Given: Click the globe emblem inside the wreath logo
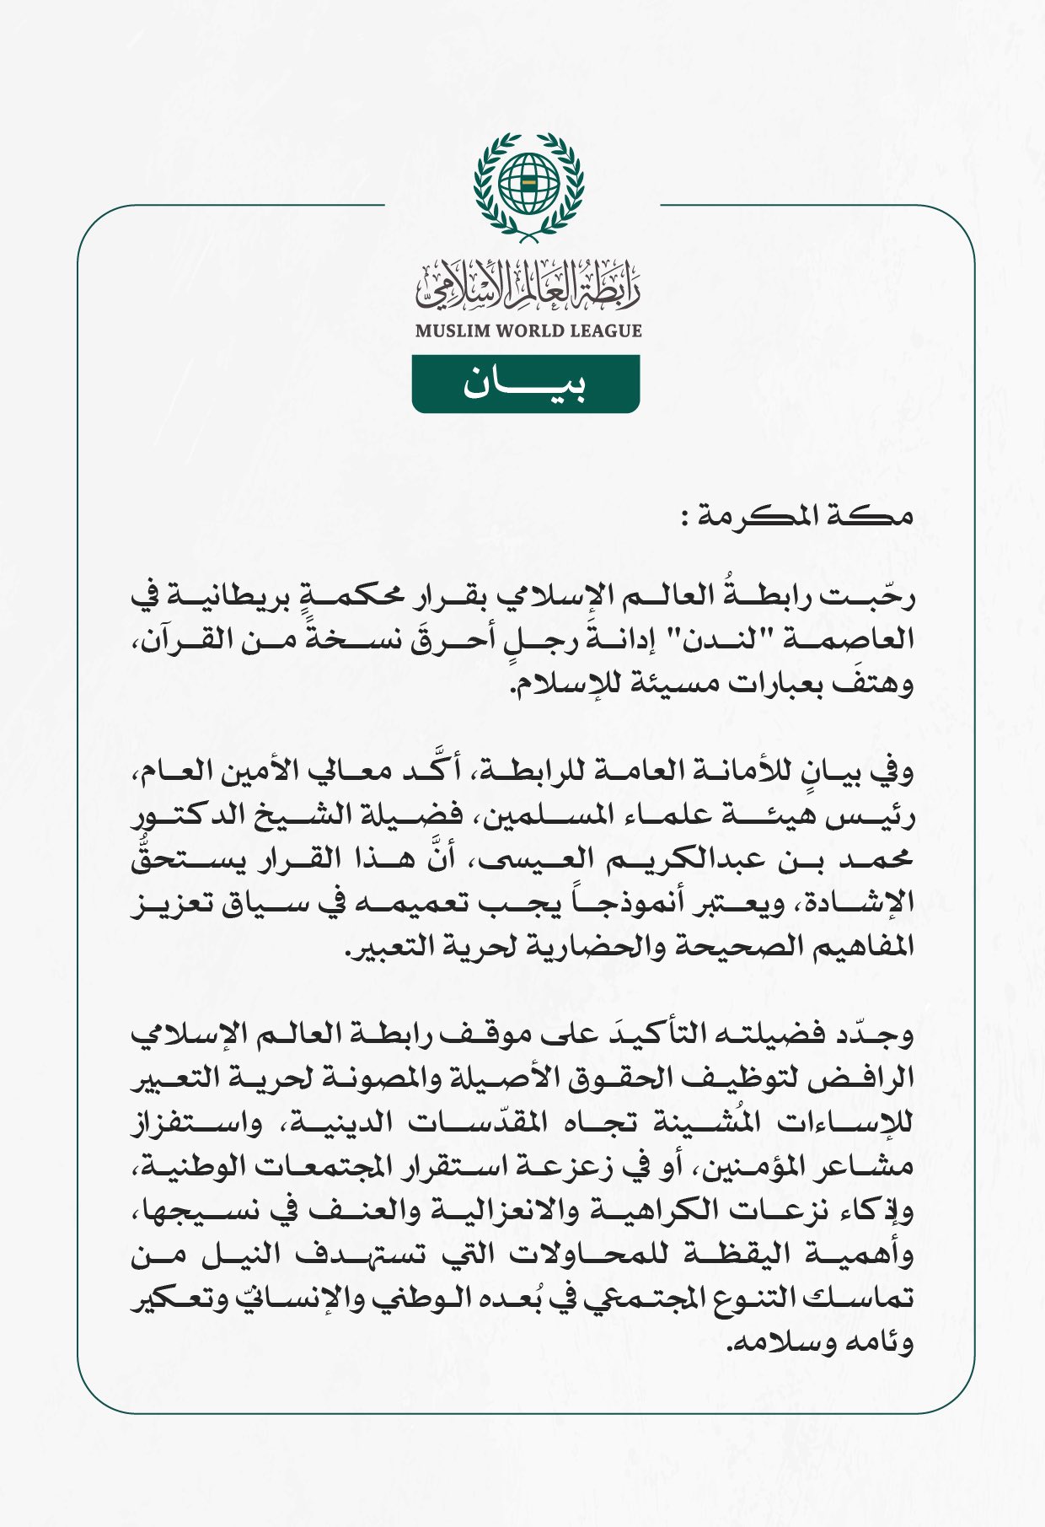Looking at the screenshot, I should click(x=528, y=182).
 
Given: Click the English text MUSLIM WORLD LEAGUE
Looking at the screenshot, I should click(x=528, y=331).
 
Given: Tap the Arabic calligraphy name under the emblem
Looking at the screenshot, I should click(x=528, y=287).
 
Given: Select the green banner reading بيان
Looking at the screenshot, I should click(x=526, y=384).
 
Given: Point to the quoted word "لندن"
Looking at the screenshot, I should click(x=693, y=639).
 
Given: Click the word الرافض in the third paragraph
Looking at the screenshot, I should click(x=872, y=1078).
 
